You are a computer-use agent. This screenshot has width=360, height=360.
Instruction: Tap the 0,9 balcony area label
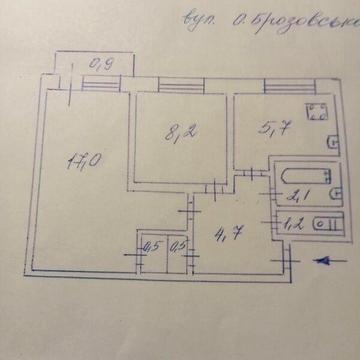(x=101, y=67)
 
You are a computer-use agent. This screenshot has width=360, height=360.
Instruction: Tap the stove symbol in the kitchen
(x=316, y=112)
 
